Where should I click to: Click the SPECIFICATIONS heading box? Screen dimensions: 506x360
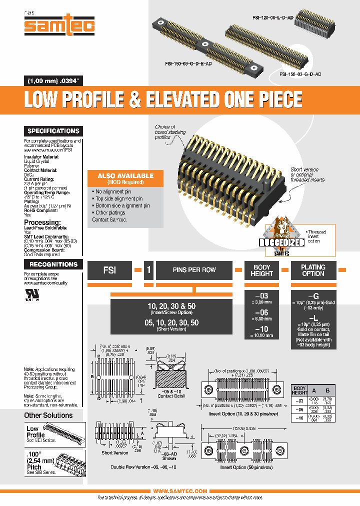53,131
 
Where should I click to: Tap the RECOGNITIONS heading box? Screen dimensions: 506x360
53,264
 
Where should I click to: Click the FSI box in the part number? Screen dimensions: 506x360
110,270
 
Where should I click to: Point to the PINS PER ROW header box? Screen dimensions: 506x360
194,270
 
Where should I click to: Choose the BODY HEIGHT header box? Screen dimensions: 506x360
261,270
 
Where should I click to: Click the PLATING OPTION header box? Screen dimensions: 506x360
313,270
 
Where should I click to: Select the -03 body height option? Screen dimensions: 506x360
261,296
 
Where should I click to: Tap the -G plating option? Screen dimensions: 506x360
313,296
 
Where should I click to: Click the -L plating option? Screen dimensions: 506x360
313,318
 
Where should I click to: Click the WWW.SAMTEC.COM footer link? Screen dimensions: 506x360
180,491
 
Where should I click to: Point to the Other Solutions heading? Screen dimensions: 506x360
48,415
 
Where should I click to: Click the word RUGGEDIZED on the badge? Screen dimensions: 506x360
282,242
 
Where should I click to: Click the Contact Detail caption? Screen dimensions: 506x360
171,396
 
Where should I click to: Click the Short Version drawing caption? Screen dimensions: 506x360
114,452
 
